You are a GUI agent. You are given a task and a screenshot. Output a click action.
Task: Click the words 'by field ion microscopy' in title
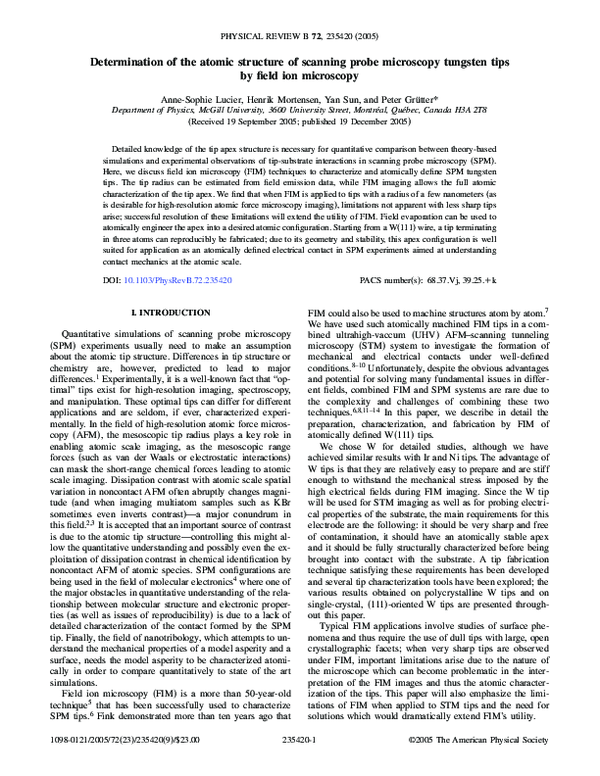pos(299,75)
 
